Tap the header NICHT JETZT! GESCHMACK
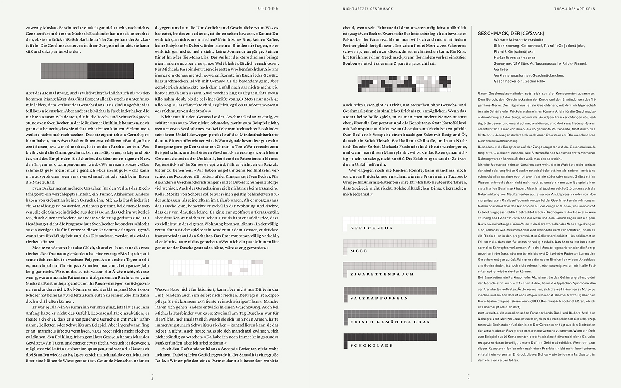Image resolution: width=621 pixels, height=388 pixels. coord(368,9)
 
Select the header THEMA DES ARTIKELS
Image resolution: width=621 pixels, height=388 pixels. coord(574,9)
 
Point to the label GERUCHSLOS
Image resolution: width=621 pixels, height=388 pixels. coord(371,228)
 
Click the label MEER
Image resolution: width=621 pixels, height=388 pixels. coord(359,251)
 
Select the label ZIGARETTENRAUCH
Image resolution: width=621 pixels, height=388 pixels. coord(382,274)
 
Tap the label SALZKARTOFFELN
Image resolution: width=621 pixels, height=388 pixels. coord(379,298)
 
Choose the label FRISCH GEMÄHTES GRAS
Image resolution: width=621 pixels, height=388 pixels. coord(390,322)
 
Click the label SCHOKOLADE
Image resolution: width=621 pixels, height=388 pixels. coord(371,345)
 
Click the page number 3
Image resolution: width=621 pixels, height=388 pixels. coord(152,378)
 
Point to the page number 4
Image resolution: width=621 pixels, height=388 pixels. coord(469,378)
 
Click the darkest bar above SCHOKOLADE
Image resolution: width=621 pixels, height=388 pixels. coord(390,337)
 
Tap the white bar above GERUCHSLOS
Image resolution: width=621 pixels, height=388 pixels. coord(390,219)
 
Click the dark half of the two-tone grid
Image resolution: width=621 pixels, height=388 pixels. coord(111,71)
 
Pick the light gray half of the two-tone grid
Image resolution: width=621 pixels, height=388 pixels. coord(64,71)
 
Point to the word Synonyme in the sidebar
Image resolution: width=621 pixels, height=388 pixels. coord(503,64)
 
